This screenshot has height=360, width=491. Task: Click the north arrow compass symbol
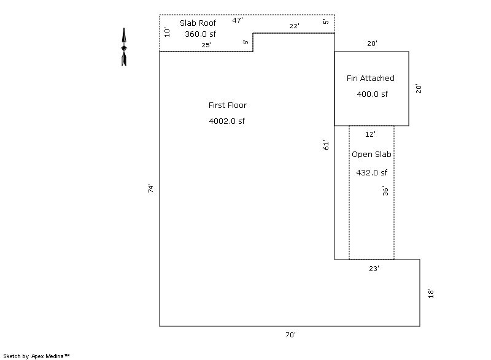[x=124, y=47]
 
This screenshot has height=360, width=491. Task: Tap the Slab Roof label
[x=198, y=23]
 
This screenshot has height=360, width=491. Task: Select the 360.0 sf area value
[x=200, y=34]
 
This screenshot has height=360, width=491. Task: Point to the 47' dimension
[x=238, y=20]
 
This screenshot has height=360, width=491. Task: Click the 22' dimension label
[x=294, y=26]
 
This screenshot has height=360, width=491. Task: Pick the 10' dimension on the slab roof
[x=167, y=32]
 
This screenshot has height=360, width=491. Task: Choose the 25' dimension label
[x=206, y=45]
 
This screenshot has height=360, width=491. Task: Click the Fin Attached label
[x=371, y=78]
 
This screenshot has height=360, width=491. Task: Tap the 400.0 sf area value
[x=373, y=94]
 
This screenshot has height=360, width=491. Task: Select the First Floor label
[x=228, y=105]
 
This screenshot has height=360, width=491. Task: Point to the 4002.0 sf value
[x=226, y=121]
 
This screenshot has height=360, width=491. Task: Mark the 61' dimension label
[x=326, y=145]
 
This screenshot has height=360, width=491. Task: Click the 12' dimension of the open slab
[x=370, y=134]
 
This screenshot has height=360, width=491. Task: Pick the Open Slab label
[x=371, y=154]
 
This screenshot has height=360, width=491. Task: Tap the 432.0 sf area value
[x=372, y=173]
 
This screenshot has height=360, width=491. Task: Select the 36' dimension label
[x=385, y=191]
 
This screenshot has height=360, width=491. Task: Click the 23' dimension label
[x=374, y=269]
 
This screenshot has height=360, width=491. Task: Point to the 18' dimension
[x=431, y=293]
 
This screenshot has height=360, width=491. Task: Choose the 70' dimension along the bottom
[x=290, y=335]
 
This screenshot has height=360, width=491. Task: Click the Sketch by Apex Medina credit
[x=36, y=356]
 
